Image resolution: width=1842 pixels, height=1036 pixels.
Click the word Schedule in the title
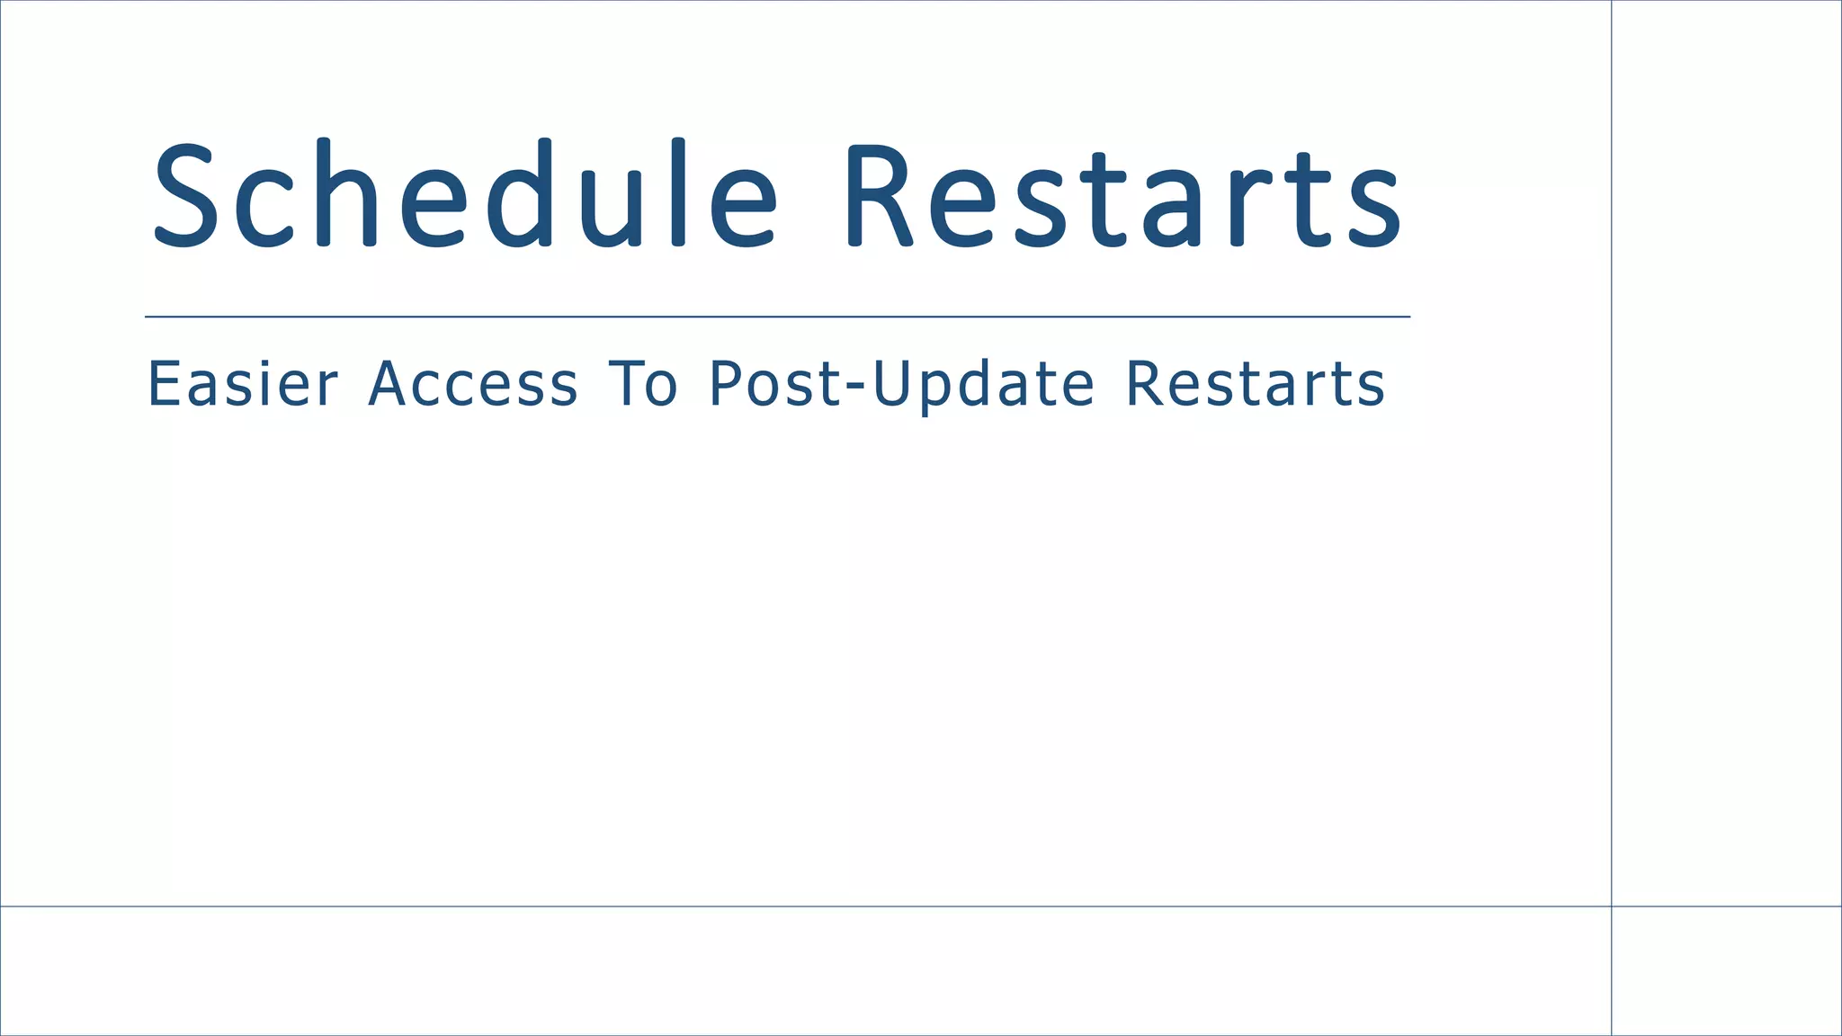[x=464, y=194]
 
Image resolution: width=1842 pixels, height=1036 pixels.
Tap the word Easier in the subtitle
[x=242, y=384]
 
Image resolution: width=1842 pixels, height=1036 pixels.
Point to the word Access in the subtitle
[x=473, y=384]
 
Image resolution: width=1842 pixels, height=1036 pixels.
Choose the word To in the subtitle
[x=642, y=384]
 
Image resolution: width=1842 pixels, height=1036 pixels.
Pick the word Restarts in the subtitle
[x=1256, y=384]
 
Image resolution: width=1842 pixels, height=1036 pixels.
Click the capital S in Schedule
[x=186, y=194]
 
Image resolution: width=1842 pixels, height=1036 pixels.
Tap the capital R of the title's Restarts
[x=878, y=195]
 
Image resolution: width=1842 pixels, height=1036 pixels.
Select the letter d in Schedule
[x=520, y=192]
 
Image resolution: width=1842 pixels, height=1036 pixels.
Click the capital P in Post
[x=726, y=384]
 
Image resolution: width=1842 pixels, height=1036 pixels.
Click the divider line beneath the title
[x=777, y=317]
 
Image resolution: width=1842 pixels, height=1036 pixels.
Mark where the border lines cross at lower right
[x=1611, y=906]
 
